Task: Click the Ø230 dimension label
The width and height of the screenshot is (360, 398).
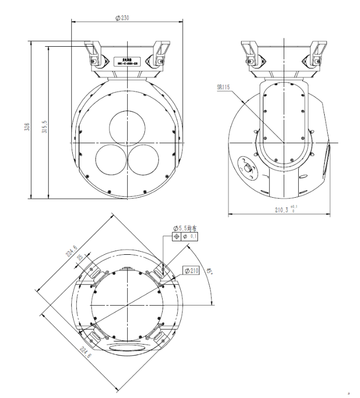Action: point(122,17)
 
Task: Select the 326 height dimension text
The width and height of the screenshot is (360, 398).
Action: point(27,127)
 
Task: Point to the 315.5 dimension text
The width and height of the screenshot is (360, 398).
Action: point(45,127)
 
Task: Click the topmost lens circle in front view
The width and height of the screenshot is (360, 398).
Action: point(126,126)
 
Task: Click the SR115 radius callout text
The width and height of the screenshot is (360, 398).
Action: point(223,88)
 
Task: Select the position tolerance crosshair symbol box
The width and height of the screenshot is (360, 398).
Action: point(177,237)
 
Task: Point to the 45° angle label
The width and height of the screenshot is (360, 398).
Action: point(209,271)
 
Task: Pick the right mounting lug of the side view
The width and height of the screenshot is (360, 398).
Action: point(317,53)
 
